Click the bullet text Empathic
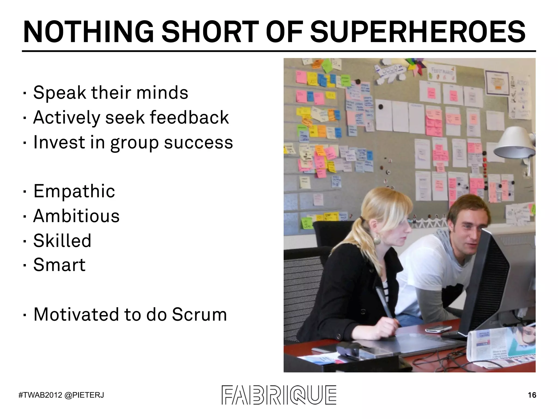[74, 191]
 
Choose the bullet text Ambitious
[76, 216]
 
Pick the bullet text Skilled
[62, 241]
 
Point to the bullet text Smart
[59, 265]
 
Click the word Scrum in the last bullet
[199, 314]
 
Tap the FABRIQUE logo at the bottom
[279, 395]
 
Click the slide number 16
[532, 395]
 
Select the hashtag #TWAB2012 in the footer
[40, 395]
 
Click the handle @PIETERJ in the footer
[84, 395]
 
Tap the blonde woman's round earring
[377, 240]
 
